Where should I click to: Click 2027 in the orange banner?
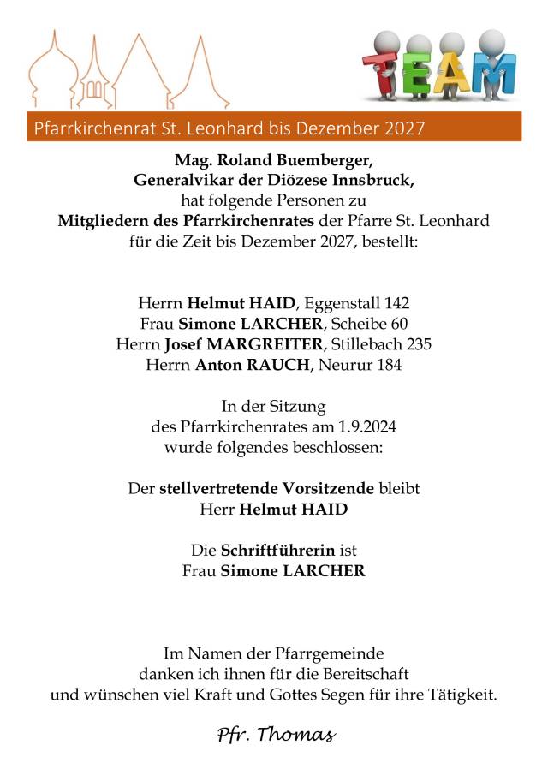pos(401,128)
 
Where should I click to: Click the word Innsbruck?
pos(372,180)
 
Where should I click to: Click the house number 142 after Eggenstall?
pos(396,303)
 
